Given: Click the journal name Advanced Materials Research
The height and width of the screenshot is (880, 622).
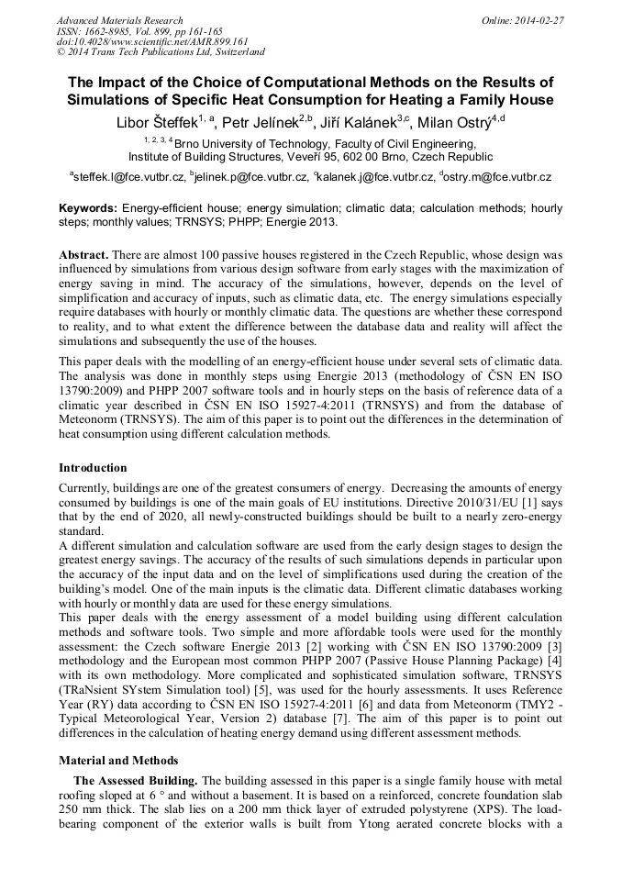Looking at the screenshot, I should click(x=119, y=20).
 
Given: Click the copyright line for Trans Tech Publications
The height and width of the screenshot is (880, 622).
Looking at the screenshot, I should click(x=161, y=53).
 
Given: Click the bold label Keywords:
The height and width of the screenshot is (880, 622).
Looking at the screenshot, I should click(x=88, y=209).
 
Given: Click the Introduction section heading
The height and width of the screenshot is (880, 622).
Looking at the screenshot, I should click(x=93, y=468).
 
